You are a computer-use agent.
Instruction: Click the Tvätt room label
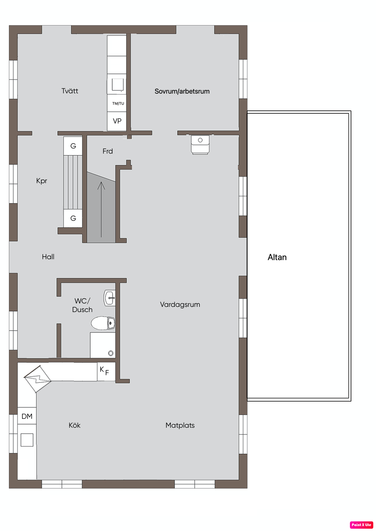pyautogui.click(x=70, y=91)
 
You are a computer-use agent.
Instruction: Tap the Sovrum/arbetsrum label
pyautogui.click(x=182, y=91)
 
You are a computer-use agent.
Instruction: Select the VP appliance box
pyautogui.click(x=116, y=121)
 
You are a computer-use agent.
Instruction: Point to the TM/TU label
pyautogui.click(x=118, y=103)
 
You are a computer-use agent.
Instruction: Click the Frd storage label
pyautogui.click(x=108, y=151)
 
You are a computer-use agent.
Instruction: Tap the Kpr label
pyautogui.click(x=41, y=181)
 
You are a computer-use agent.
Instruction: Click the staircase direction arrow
pyautogui.click(x=101, y=209)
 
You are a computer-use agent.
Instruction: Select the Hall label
pyautogui.click(x=48, y=257)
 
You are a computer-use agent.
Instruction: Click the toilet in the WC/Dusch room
pyautogui.click(x=103, y=323)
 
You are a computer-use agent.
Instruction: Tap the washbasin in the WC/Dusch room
pyautogui.click(x=110, y=298)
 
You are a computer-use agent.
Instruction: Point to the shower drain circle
pyautogui.click(x=111, y=353)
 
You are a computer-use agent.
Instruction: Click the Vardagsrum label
pyautogui.click(x=180, y=305)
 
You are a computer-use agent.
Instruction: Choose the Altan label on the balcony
pyautogui.click(x=277, y=257)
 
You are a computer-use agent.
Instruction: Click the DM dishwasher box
pyautogui.click(x=27, y=416)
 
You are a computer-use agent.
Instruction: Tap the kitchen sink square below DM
pyautogui.click(x=27, y=440)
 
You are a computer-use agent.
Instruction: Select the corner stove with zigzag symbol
pyautogui.click(x=37, y=379)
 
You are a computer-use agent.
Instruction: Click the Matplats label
pyautogui.click(x=180, y=425)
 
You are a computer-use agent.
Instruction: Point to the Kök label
pyautogui.click(x=75, y=425)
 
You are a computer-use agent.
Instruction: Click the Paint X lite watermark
pyautogui.click(x=361, y=525)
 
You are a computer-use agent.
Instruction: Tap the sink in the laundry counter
pyautogui.click(x=118, y=85)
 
